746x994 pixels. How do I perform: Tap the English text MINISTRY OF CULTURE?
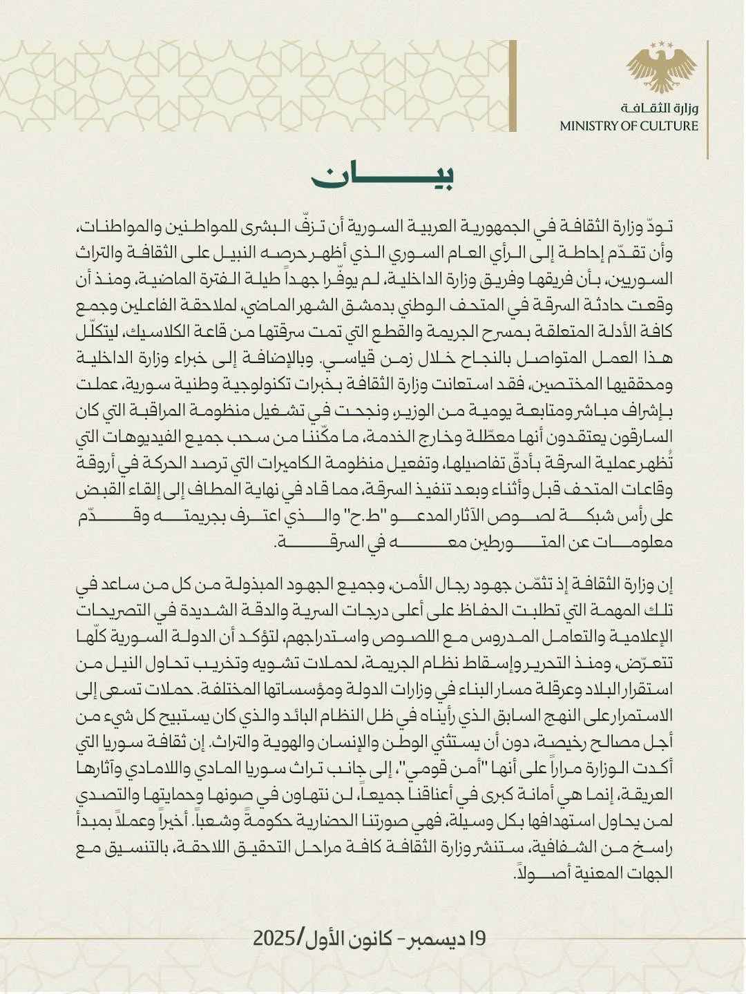629,126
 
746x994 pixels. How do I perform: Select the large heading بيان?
383,177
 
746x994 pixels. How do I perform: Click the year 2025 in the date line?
276,938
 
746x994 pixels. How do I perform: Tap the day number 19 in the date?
477,938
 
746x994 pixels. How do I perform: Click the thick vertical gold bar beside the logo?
513,86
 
